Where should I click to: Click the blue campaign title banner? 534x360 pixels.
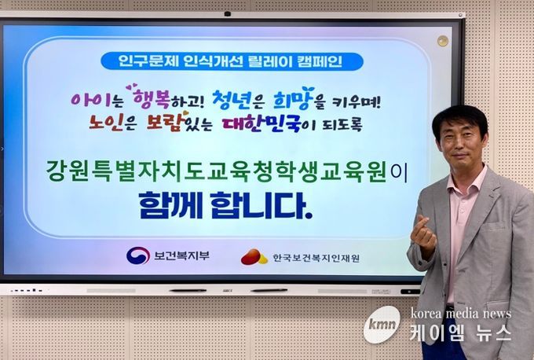pos(232,62)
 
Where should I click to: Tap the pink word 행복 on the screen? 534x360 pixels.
pos(151,97)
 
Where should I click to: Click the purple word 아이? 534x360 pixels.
pos(91,99)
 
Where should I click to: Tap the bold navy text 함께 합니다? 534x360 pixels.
pos(226,205)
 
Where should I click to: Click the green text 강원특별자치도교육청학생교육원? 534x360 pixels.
pos(216,172)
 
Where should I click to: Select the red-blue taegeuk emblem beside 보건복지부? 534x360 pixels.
pos(138,255)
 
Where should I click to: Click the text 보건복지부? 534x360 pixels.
pos(181,255)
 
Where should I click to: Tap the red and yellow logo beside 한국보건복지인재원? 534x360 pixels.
pos(254,257)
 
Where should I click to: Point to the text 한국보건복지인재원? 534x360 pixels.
pos(316,258)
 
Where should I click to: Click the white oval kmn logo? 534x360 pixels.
pos(382,324)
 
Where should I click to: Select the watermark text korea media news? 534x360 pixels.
pos(460,314)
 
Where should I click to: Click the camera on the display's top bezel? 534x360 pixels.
pos(228,14)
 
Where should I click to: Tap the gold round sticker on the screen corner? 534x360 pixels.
pos(443,41)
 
